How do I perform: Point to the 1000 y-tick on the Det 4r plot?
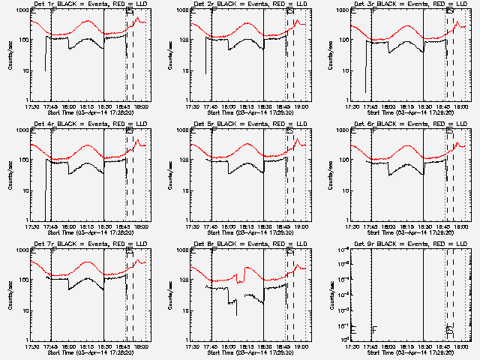pyautogui.click(x=22, y=130)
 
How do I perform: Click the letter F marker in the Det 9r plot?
pyautogui.click(x=374, y=328)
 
